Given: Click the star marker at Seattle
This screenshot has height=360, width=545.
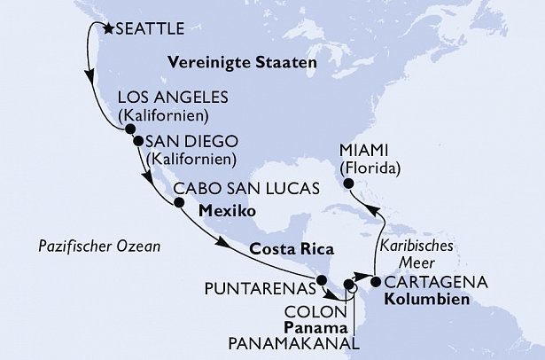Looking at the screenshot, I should coord(108,28).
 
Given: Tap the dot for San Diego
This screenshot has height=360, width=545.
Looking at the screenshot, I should coord(138,140).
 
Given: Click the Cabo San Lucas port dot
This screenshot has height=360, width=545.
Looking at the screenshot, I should coord(179,202).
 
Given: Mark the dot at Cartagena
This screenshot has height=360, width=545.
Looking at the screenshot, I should coord(376,283).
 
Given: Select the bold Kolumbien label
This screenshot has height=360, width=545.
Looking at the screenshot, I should coord(423,299).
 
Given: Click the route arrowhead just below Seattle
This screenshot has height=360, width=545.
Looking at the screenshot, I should coord(90,76).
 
